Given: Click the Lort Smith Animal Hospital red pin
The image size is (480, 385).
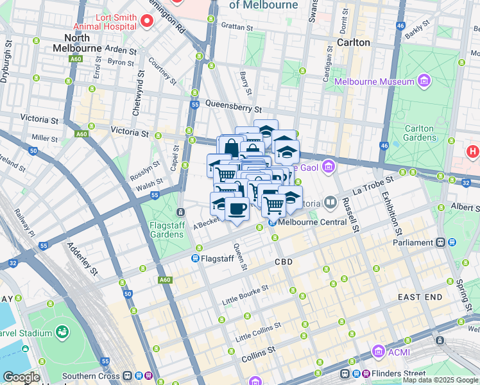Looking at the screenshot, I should (147, 22).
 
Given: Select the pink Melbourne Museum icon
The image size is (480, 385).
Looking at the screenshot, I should (424, 81).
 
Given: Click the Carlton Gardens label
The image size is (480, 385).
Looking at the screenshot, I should (419, 133).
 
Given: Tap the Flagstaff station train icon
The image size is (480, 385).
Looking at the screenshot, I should (195, 259).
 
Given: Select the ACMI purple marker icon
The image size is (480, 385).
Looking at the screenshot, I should (379, 352).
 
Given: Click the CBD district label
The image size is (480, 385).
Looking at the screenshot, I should (284, 262).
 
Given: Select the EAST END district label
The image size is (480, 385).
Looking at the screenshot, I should (420, 297).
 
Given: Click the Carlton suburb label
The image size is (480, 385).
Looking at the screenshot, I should (354, 42).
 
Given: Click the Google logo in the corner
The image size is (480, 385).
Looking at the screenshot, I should (21, 377).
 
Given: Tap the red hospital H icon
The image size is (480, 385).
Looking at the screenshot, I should (473, 152).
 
